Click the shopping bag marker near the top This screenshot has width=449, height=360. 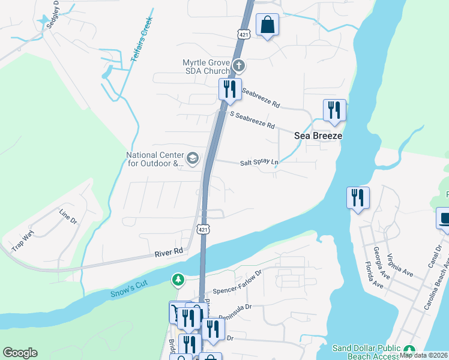[268, 25]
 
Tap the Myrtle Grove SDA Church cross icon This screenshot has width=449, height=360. [238, 65]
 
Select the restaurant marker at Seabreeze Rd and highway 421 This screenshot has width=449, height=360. [230, 90]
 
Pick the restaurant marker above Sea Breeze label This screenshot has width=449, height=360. [334, 110]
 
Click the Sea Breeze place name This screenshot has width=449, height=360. [318, 136]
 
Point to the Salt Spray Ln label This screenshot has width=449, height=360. [259, 163]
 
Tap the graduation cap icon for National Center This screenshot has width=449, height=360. [192, 158]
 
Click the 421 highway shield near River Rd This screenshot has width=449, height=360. [204, 229]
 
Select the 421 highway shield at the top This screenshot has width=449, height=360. [244, 34]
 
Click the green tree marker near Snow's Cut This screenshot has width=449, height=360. [178, 280]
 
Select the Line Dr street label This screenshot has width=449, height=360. [68, 217]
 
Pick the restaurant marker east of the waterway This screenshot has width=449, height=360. [358, 198]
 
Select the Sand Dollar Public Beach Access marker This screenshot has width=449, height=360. [409, 351]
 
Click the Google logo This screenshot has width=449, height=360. [20, 353]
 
